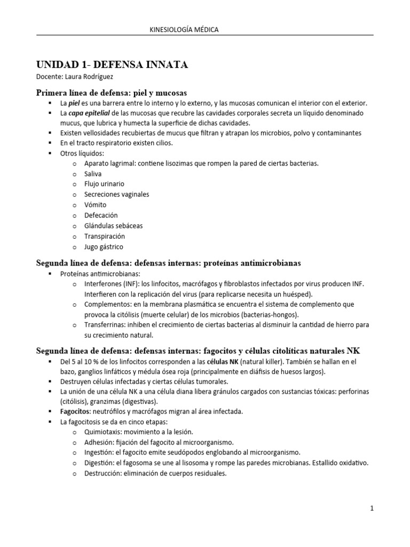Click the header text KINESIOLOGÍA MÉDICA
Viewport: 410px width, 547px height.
coord(185,30)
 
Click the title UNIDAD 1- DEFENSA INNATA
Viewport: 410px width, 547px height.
coord(112,65)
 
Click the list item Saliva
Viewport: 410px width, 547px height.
coord(93,174)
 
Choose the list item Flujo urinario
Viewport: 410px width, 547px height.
coord(104,184)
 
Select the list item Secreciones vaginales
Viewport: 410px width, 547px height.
coord(116,194)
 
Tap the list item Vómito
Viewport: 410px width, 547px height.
coord(95,205)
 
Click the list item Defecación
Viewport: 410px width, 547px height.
coord(101,215)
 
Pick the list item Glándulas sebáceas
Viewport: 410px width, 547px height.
coord(113,225)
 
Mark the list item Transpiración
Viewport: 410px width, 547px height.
coord(104,236)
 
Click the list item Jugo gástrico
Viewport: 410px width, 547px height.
coord(104,247)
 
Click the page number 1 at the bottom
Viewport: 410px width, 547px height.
coord(372,509)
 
